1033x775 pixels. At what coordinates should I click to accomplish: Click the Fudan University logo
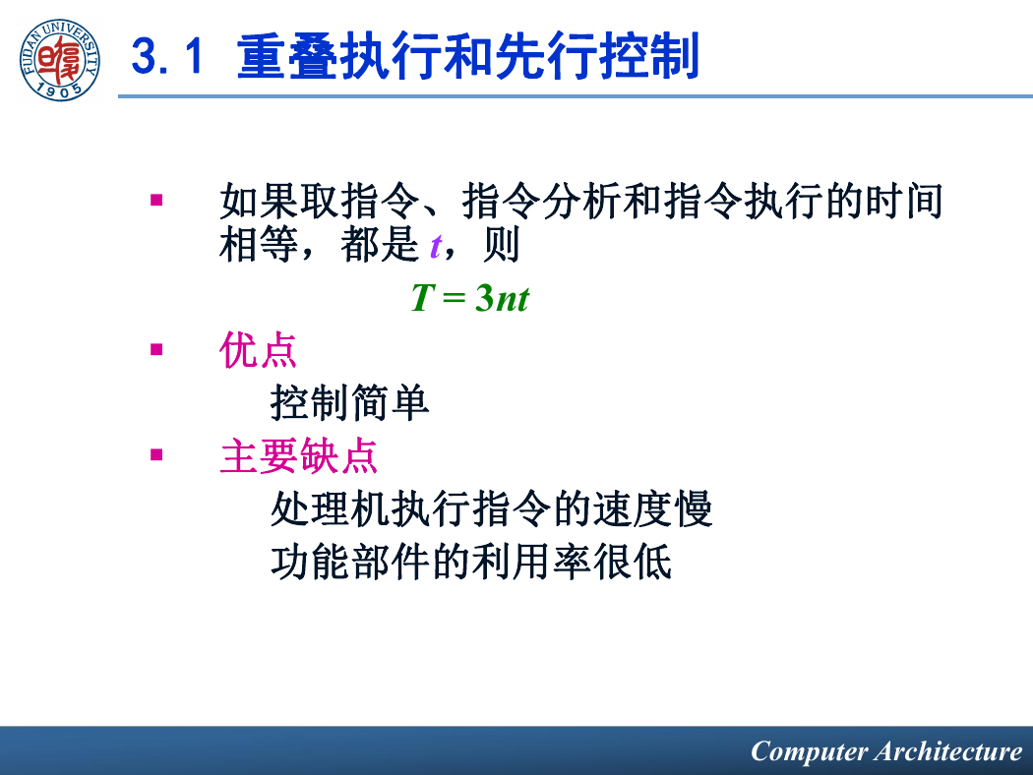point(59,60)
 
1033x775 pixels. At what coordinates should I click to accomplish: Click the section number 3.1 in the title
point(167,57)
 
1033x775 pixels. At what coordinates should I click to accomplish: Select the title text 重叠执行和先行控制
point(467,57)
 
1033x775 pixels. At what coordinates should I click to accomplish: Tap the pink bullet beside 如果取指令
point(156,200)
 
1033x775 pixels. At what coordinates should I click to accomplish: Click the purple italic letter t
point(436,246)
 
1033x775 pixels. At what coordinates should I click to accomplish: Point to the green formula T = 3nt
point(469,298)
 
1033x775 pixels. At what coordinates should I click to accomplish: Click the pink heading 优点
point(258,350)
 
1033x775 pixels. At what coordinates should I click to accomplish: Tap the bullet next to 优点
point(156,349)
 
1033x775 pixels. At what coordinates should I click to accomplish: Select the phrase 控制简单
point(350,402)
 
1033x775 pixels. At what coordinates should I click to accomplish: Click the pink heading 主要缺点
point(298,455)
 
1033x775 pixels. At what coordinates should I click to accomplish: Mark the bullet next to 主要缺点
point(156,454)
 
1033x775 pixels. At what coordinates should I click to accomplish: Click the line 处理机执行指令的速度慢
point(492,508)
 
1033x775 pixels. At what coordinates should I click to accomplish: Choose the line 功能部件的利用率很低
point(471,562)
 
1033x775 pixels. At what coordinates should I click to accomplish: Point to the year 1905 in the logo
point(59,89)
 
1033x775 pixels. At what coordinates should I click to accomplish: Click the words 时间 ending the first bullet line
point(904,201)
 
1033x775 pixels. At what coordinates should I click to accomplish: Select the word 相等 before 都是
point(259,244)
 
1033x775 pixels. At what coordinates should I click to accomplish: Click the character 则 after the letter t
point(502,244)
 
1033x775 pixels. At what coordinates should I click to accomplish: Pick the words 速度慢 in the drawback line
point(652,508)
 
